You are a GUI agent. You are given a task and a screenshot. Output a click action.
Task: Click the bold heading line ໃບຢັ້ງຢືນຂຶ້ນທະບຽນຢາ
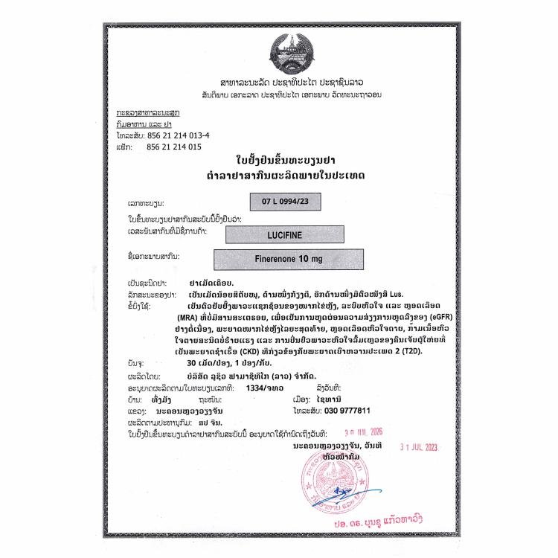click(280, 159)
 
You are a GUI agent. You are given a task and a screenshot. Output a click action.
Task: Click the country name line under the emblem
click(280, 81)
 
